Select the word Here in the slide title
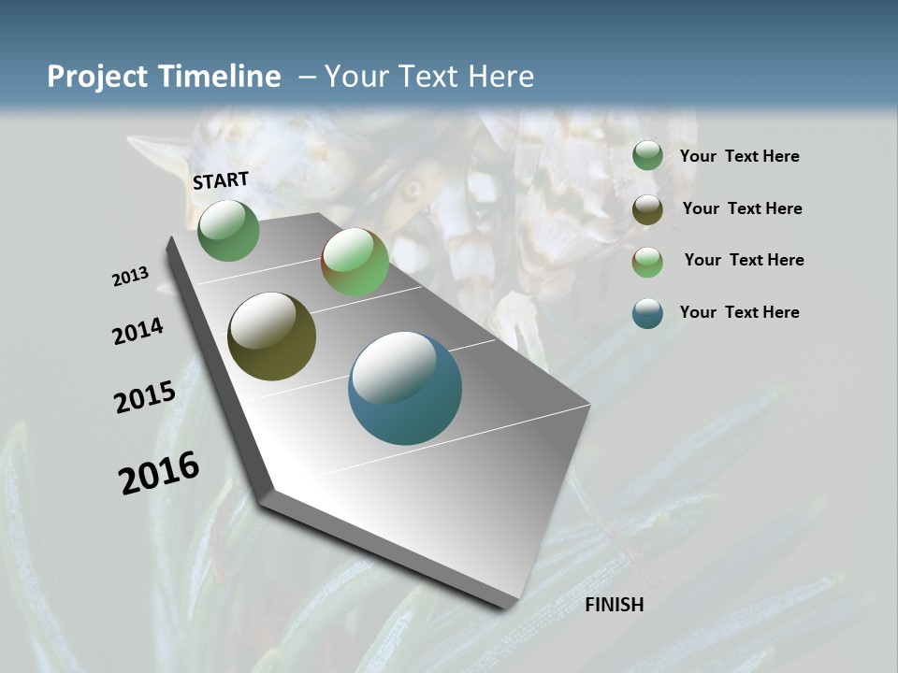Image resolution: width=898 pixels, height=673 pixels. [500, 77]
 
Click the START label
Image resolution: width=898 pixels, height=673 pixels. [221, 180]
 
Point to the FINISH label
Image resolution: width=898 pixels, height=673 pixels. [615, 605]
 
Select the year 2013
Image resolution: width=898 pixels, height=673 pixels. [130, 277]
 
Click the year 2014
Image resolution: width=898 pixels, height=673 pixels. [138, 331]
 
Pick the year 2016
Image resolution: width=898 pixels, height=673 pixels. [159, 473]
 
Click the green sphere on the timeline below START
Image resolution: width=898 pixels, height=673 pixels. [228, 230]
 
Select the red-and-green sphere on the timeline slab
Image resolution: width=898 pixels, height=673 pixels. [355, 262]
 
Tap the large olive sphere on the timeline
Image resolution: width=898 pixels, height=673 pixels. [271, 336]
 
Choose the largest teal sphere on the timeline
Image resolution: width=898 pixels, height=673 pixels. [405, 388]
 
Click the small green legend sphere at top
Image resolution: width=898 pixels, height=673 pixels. [647, 156]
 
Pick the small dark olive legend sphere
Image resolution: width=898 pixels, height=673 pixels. [647, 209]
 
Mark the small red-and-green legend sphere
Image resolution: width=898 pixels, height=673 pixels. [647, 262]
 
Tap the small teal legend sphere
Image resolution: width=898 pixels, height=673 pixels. [647, 313]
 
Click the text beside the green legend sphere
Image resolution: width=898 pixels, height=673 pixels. [739, 156]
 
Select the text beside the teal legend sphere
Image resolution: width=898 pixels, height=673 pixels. [739, 312]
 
